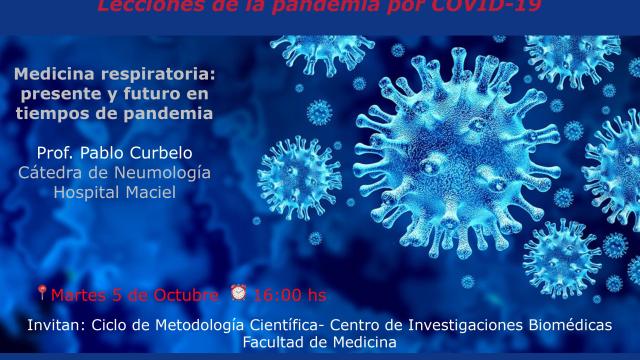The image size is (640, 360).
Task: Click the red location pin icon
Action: [x=41, y=294]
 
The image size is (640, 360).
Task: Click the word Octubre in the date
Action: [x=186, y=295]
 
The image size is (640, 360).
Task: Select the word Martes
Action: [x=77, y=295]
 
